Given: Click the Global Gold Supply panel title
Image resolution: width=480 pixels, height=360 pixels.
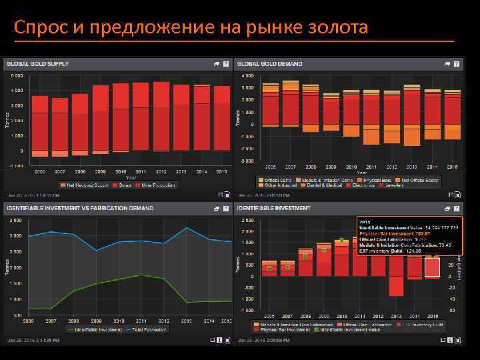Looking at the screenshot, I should click(x=37, y=64).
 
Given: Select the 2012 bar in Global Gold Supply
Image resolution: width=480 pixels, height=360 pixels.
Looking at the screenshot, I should click(x=161, y=117).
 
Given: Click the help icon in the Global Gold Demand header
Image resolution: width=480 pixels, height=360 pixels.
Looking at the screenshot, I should click(x=456, y=64).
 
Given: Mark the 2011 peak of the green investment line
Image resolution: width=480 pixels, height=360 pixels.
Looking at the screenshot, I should click(x=140, y=275).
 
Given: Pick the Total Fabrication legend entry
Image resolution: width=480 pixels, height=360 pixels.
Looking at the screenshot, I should click(x=149, y=329).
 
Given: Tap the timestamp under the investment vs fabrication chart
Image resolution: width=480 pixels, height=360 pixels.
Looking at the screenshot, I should click(x=33, y=340).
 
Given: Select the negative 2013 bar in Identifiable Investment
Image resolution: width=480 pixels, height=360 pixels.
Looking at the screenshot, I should click(x=396, y=277).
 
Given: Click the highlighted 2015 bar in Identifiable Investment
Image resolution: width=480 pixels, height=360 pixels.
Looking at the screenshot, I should click(x=432, y=267).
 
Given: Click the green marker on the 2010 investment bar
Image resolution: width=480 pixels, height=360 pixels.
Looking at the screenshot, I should click(x=342, y=241).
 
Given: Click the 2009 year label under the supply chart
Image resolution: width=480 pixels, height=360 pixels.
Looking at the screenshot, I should click(x=100, y=171).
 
